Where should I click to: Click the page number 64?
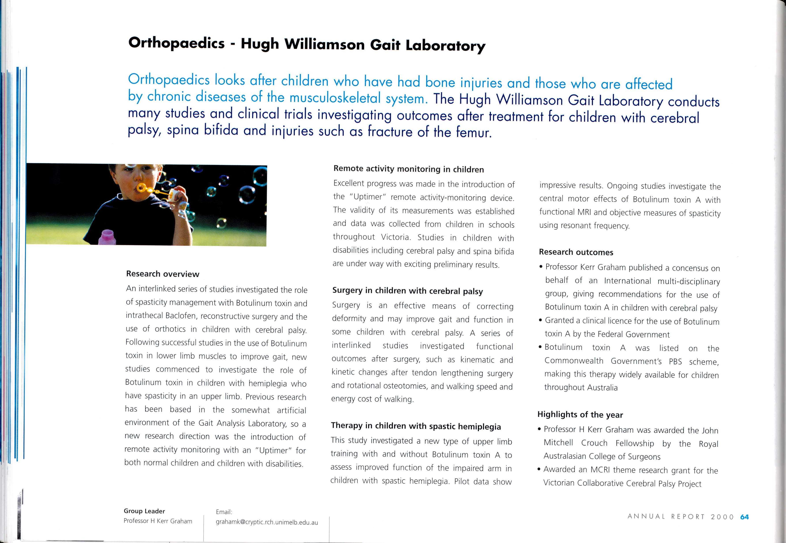click(x=744, y=517)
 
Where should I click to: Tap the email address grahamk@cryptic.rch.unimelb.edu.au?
click(x=267, y=522)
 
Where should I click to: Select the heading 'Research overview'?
click(x=162, y=274)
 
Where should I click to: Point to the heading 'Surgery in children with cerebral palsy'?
click(x=407, y=291)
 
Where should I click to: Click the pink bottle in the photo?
click(x=107, y=237)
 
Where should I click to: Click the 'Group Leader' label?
click(x=144, y=511)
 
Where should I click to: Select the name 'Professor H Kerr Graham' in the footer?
click(x=158, y=521)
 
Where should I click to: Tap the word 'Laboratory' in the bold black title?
click(x=445, y=46)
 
